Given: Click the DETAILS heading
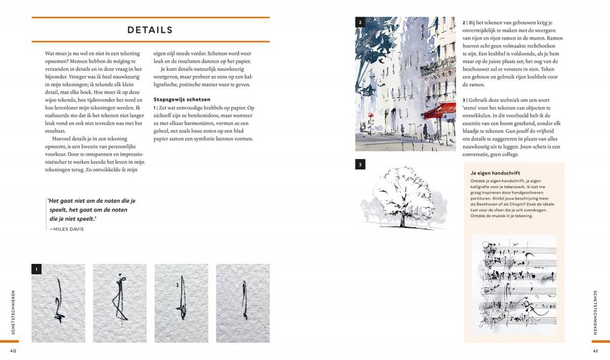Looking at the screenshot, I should click(x=150, y=30).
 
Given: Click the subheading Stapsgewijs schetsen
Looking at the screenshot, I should click(x=181, y=99).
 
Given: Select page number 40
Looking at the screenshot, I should click(x=13, y=350).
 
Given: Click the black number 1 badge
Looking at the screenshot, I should click(x=37, y=269).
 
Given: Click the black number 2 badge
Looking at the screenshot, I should click(x=360, y=22).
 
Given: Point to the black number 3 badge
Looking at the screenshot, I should click(x=360, y=164).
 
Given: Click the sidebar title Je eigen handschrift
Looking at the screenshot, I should click(x=495, y=173).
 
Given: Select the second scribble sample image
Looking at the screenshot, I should click(x=119, y=303).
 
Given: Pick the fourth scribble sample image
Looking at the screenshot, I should click(x=243, y=303).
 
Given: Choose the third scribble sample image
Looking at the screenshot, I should click(x=181, y=303).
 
